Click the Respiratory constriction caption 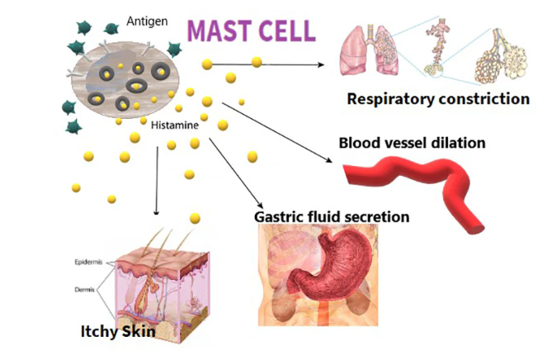point(437,99)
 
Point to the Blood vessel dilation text point(413,143)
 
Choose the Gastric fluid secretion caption point(332,216)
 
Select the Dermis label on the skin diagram point(85,290)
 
